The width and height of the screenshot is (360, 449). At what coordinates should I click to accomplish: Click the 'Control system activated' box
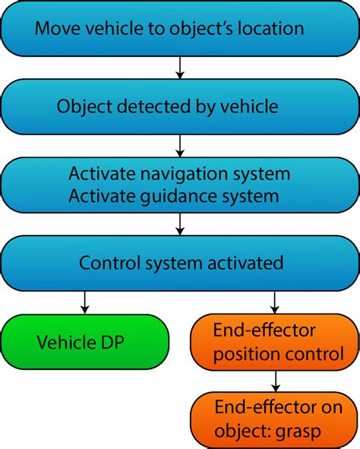pos(180,264)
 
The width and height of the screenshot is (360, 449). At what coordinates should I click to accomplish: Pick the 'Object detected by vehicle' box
pos(180,106)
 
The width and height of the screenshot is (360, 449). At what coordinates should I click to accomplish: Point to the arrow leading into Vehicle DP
pos(84,302)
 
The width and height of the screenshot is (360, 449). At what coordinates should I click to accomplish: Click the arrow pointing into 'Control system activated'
pos(180,224)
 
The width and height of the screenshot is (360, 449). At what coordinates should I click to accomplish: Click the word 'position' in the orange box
pos(240,354)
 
